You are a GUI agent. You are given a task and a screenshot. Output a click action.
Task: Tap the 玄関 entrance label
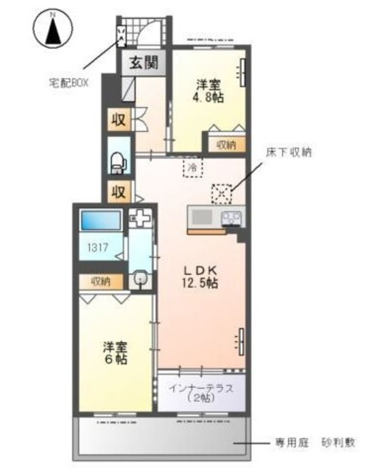pyautogui.click(x=144, y=63)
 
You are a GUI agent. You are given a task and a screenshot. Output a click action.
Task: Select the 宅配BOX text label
pyautogui.click(x=69, y=83)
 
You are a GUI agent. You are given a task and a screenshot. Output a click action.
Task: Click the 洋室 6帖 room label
pyautogui.click(x=115, y=353)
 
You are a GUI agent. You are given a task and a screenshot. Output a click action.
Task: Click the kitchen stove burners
pyautogui.click(x=232, y=218)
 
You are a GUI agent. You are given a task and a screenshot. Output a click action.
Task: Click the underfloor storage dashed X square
pyautogui.click(x=222, y=193)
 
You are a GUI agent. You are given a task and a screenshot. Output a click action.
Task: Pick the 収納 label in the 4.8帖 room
pyautogui.click(x=226, y=145)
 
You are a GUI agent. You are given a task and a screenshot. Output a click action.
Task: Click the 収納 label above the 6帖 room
pyautogui.click(x=101, y=281)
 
